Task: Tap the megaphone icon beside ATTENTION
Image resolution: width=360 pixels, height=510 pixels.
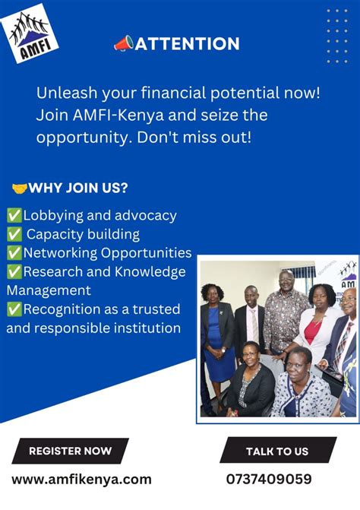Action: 123,44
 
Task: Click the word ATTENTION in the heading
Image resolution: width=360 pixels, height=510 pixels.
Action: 187,44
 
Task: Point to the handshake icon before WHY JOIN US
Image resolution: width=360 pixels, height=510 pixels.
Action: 19,188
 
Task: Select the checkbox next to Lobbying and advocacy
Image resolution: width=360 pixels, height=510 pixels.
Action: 14,215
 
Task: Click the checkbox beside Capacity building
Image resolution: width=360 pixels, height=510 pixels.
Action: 14,234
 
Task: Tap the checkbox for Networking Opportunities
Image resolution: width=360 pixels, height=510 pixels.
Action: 14,252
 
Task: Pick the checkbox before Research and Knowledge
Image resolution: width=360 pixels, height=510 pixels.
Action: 14,271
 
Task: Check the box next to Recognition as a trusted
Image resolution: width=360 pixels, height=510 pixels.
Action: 14,309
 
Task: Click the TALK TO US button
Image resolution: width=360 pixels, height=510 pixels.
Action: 277,451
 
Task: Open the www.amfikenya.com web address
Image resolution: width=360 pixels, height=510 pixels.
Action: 81,479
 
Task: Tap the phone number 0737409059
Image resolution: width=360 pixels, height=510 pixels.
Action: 268,479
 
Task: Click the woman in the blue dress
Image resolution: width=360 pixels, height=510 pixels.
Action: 217,334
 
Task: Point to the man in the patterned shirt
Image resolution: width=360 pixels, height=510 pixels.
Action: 286,312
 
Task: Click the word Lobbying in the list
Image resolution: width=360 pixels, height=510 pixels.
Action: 54,215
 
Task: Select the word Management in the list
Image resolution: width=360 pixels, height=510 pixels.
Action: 49,290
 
